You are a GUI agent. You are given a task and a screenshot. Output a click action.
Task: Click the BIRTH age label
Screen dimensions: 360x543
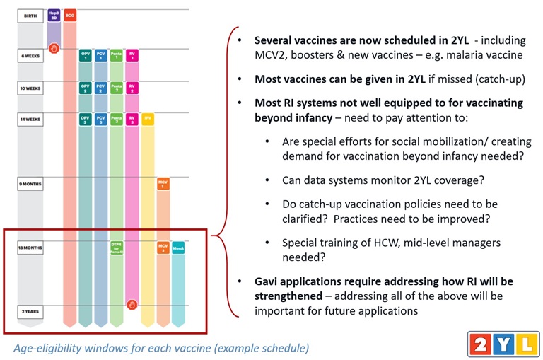(x=30, y=14)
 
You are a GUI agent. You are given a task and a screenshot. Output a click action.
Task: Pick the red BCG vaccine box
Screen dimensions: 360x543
(x=70, y=14)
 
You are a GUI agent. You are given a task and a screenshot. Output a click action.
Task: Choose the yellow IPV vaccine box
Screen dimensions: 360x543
(x=148, y=118)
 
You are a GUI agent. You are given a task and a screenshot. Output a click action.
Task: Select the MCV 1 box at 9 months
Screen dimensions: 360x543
(x=163, y=184)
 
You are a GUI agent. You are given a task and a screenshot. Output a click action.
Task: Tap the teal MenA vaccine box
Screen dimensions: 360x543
(x=178, y=248)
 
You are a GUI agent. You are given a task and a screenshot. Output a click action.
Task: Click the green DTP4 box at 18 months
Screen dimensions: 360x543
(x=117, y=247)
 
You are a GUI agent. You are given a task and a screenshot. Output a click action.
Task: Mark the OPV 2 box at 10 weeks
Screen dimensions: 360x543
(x=86, y=88)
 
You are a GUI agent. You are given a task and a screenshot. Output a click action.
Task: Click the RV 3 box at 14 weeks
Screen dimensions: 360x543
(x=132, y=119)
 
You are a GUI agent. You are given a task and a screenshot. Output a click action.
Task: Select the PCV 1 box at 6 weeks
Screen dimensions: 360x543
(x=101, y=55)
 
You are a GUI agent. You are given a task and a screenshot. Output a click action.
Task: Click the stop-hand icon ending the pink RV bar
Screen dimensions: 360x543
(x=132, y=305)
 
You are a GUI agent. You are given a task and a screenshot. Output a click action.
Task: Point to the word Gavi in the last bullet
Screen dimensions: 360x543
(x=267, y=281)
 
